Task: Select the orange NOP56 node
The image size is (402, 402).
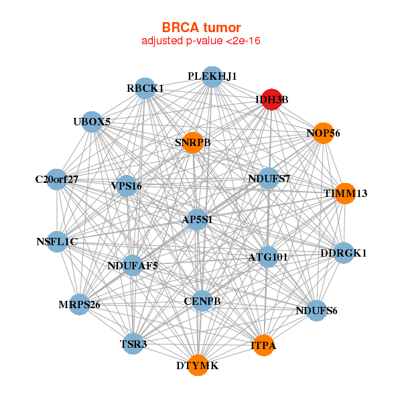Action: [x=323, y=133]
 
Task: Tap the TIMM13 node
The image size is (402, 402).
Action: [x=344, y=193]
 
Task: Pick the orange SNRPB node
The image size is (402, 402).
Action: [x=192, y=142]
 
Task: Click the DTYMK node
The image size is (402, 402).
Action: [x=197, y=365]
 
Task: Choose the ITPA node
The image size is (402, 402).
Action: [x=263, y=345]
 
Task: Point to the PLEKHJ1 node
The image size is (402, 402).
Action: [x=212, y=76]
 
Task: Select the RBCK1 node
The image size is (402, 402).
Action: [x=145, y=88]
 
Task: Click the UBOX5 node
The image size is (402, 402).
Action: [x=92, y=121]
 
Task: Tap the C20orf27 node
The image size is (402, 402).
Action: [x=57, y=179]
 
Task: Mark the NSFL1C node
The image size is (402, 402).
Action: [x=57, y=241]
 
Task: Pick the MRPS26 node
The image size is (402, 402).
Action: [x=79, y=304]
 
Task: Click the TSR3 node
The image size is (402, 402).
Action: [x=133, y=344]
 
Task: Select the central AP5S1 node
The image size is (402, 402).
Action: [x=197, y=219]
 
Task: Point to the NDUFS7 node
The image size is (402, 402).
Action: [x=269, y=178]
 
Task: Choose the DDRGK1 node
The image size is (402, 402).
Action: [x=344, y=253]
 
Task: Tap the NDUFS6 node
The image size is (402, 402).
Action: [x=316, y=310]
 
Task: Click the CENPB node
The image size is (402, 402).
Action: [x=202, y=301]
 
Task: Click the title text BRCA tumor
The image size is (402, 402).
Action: [x=200, y=27]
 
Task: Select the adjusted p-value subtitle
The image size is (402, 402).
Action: [x=200, y=41]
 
